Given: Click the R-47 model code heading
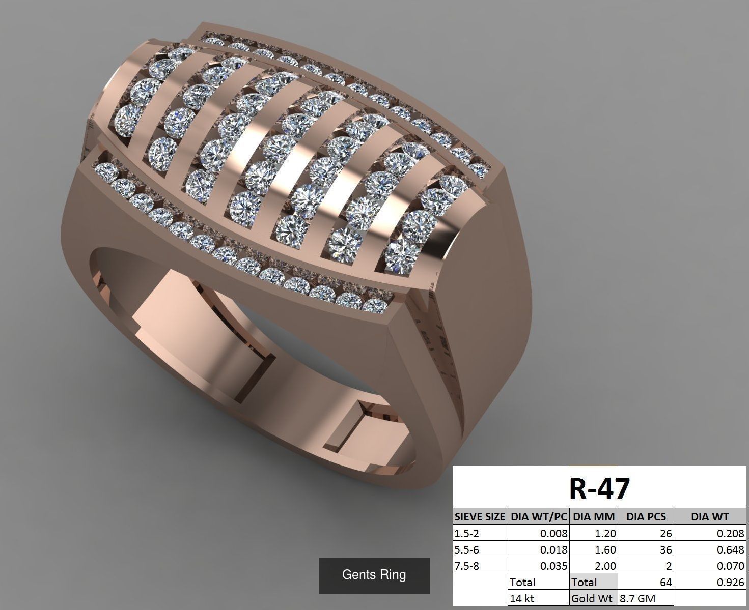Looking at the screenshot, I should click(x=599, y=488).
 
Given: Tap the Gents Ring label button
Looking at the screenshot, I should click(x=374, y=575).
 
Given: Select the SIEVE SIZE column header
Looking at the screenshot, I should click(x=480, y=517).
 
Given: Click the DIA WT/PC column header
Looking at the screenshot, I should click(x=539, y=517).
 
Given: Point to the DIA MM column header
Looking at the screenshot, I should click(x=594, y=517).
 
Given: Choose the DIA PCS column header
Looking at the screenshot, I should click(x=646, y=517).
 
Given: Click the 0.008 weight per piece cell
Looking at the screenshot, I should click(x=553, y=534).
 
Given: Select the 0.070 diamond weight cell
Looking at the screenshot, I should click(x=731, y=566).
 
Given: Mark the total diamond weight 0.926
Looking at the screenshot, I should click(x=731, y=582).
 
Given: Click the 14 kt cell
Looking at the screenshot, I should click(x=522, y=599).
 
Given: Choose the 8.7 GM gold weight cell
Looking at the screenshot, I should click(x=637, y=599).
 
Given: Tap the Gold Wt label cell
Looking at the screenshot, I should click(x=592, y=599).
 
